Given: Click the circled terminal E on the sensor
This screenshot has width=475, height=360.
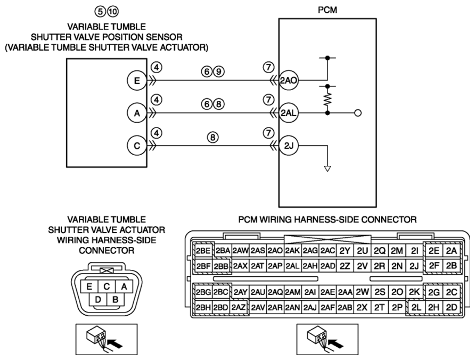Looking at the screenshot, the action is (x=137, y=81).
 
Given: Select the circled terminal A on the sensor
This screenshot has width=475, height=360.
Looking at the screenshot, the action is (x=137, y=113).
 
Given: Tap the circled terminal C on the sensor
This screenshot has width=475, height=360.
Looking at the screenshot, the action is (x=137, y=146).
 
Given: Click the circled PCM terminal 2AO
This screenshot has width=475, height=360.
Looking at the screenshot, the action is (x=289, y=81).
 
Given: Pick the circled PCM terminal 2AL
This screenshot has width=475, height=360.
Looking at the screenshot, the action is (x=289, y=113).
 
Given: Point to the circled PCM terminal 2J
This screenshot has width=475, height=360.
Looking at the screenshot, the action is (x=289, y=146).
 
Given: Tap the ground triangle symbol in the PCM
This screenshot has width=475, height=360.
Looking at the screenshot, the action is (x=327, y=169).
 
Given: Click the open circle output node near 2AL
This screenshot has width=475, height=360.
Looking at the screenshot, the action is (x=358, y=113).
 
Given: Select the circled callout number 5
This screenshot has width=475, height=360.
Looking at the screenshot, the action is (x=100, y=12).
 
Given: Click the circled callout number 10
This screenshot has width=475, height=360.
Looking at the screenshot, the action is (x=113, y=12).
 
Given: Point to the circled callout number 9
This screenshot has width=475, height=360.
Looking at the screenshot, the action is (x=219, y=72).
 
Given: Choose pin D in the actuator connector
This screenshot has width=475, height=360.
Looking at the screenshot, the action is (x=98, y=300).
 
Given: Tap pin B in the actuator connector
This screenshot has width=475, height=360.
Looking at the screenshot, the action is (x=115, y=300).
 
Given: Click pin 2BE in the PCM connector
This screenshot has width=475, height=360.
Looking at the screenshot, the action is (x=203, y=251).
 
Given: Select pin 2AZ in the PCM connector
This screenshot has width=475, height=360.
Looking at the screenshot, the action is (x=239, y=307).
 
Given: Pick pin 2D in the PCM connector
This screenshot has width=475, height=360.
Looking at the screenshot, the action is (x=452, y=307).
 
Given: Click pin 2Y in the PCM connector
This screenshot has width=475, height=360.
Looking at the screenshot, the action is (x=345, y=251).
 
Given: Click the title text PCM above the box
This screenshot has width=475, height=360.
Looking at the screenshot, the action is (x=327, y=10).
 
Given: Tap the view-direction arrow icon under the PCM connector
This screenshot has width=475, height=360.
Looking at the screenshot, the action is (x=327, y=339).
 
